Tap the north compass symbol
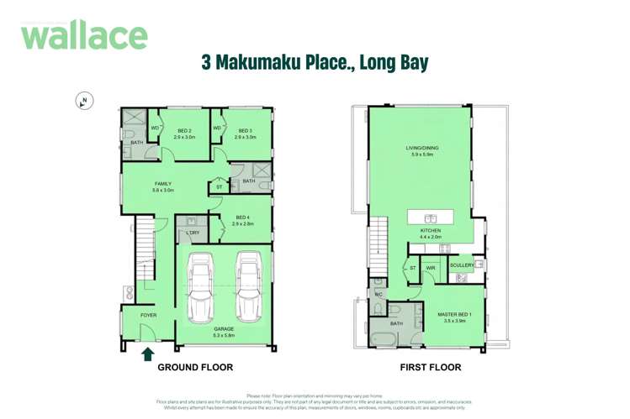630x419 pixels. pos(84,101)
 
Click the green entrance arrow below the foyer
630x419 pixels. pos(147,354)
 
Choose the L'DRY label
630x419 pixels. pos(193,233)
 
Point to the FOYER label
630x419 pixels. pos(149,316)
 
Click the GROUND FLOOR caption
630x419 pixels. pos(195,368)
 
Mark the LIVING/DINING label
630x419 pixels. pos(422,149)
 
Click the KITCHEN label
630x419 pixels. pos(431,230)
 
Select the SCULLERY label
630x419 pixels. pos(461,265)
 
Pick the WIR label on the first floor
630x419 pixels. pos(431,268)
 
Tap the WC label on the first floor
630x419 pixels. pos(379,295)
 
